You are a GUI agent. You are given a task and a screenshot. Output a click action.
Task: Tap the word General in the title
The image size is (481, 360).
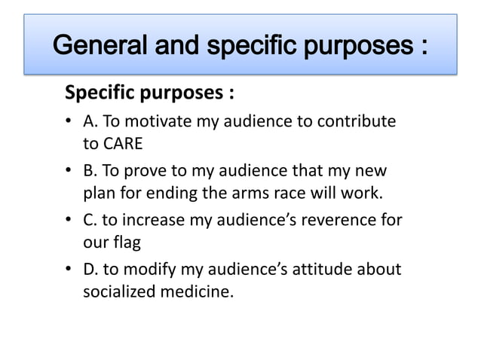(x=100, y=47)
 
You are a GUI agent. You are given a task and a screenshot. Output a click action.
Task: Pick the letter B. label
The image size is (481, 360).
(x=90, y=172)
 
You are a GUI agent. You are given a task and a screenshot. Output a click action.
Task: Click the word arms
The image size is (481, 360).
(x=278, y=193)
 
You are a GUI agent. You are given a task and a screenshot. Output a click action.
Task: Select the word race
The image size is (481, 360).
(x=316, y=193)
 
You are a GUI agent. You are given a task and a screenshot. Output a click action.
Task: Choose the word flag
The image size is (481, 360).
(x=126, y=243)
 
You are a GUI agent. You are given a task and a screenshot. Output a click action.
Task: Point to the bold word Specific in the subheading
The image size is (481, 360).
(x=99, y=94)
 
